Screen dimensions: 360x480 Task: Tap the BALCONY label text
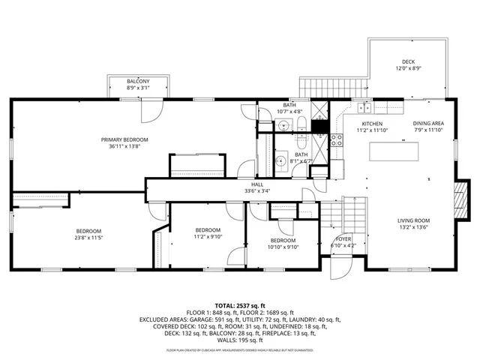pos(137,81)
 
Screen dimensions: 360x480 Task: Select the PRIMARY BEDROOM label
pos(125,139)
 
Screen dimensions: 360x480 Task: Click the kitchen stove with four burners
pos(337,137)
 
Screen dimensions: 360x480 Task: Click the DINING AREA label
pos(428,124)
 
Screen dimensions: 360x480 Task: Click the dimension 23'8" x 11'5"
pos(88,237)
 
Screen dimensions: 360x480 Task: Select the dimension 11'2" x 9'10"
pos(208,236)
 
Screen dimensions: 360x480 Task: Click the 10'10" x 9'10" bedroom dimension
pos(284,247)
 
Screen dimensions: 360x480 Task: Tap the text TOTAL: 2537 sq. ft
pos(240,306)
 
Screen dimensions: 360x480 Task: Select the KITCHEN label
pos(372,124)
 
